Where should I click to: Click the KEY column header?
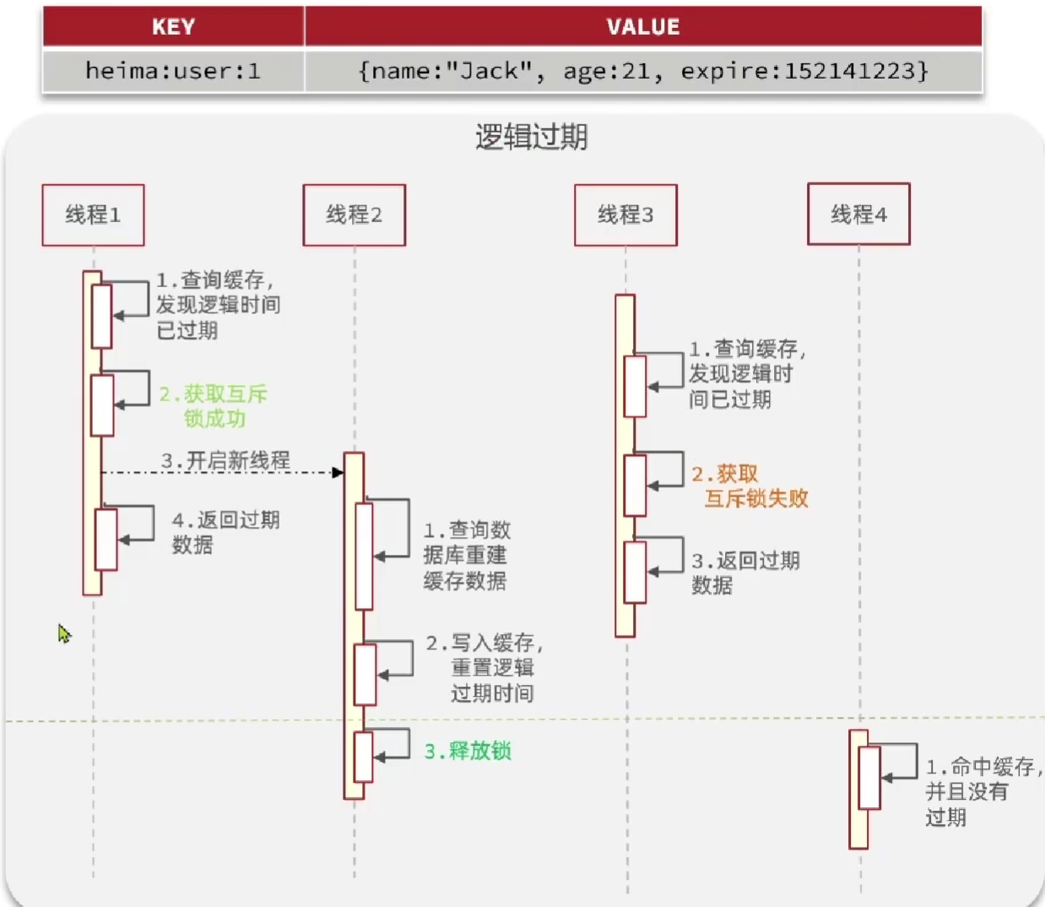click(x=173, y=27)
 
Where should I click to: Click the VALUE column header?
click(x=643, y=27)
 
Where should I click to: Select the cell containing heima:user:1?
click(x=173, y=71)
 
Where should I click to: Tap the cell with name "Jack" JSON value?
click(x=643, y=71)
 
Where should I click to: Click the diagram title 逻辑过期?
click(x=531, y=137)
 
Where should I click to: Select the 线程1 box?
click(x=93, y=215)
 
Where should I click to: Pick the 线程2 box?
click(x=355, y=215)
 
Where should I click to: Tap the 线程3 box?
click(x=625, y=215)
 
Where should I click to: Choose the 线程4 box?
click(x=858, y=215)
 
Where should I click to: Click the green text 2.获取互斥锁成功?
click(x=214, y=406)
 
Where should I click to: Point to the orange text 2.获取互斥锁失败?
click(x=750, y=486)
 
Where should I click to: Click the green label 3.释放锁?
click(x=468, y=751)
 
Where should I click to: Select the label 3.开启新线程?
click(x=225, y=460)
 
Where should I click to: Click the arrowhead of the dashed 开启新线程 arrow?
click(x=338, y=472)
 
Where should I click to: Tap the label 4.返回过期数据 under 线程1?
click(x=225, y=532)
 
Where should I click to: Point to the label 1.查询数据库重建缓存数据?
click(x=466, y=555)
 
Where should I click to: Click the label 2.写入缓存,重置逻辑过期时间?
click(x=485, y=668)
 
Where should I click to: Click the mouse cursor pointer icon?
click(x=64, y=633)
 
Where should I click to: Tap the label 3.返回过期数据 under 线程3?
click(x=744, y=573)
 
